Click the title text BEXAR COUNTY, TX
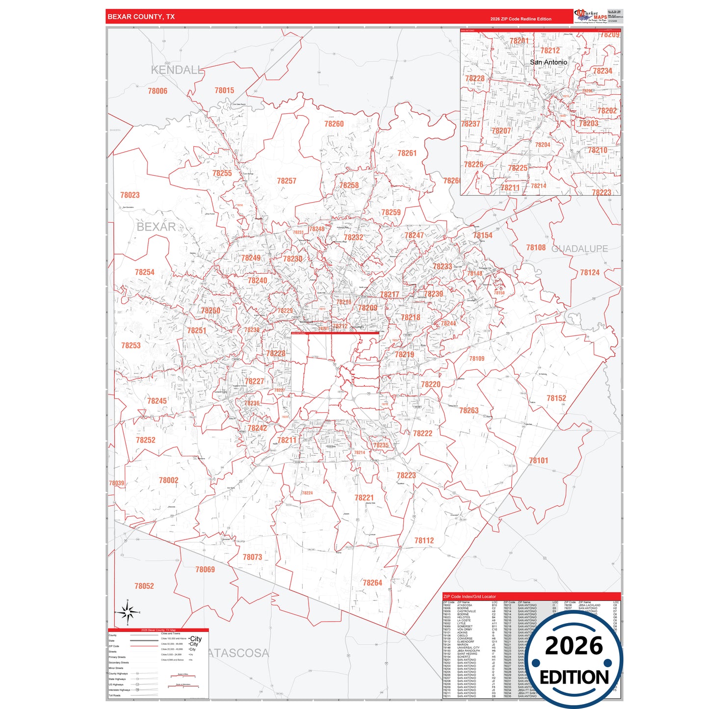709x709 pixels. coord(141,17)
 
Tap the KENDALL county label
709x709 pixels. coord(177,70)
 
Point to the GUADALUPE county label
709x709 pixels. coord(579,249)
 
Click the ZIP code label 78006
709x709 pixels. coord(158,91)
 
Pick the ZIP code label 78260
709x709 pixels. coord(334,124)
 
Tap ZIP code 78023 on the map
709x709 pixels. coord(130,195)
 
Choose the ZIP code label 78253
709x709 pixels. coord(131,345)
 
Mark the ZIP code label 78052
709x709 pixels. coord(144,586)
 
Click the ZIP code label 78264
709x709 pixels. coord(372,582)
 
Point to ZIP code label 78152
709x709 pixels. coord(556,398)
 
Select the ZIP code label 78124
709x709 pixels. coord(590,272)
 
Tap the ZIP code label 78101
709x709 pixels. coord(538,460)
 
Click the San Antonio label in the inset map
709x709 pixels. coord(548,62)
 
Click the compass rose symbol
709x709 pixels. coord(128,612)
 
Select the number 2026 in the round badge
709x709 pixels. coord(574,646)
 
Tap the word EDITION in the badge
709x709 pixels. coord(574,678)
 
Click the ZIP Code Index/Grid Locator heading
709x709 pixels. coord(470,597)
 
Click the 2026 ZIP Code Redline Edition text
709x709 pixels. coord(521,19)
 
